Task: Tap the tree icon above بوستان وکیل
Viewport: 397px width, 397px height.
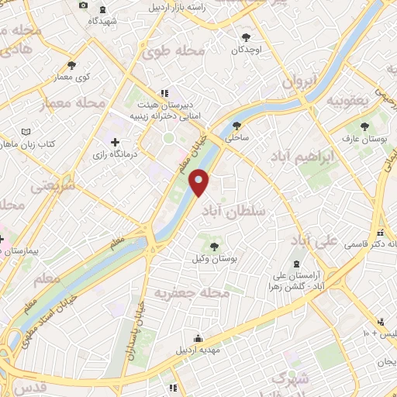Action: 214,246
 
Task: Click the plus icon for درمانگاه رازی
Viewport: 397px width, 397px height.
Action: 115,142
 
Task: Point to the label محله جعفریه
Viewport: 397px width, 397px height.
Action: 189,294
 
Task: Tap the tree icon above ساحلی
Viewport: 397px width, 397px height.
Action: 236,124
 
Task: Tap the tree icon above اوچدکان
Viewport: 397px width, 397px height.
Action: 247,36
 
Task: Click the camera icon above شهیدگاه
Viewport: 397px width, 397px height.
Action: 84,6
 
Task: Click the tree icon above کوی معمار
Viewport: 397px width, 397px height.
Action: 71,65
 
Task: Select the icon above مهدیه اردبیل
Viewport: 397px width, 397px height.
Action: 198,338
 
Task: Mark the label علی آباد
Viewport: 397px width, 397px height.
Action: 318,241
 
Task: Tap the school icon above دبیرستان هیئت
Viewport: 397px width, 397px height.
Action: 164,91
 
